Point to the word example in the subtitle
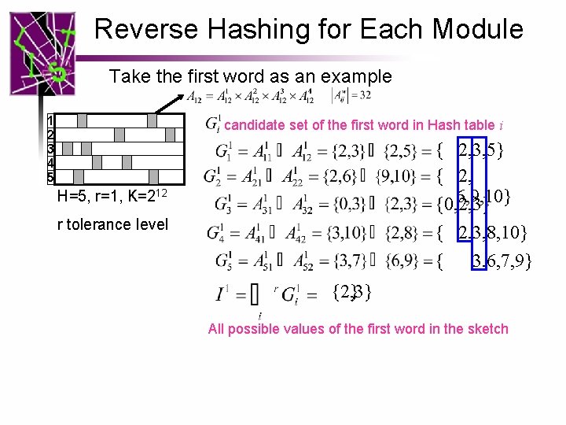(353, 76)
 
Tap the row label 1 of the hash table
(50, 121)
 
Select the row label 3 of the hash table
(50, 149)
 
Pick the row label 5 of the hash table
(50, 176)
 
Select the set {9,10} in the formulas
(407, 176)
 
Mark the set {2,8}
(406, 232)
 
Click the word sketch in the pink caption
(487, 329)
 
